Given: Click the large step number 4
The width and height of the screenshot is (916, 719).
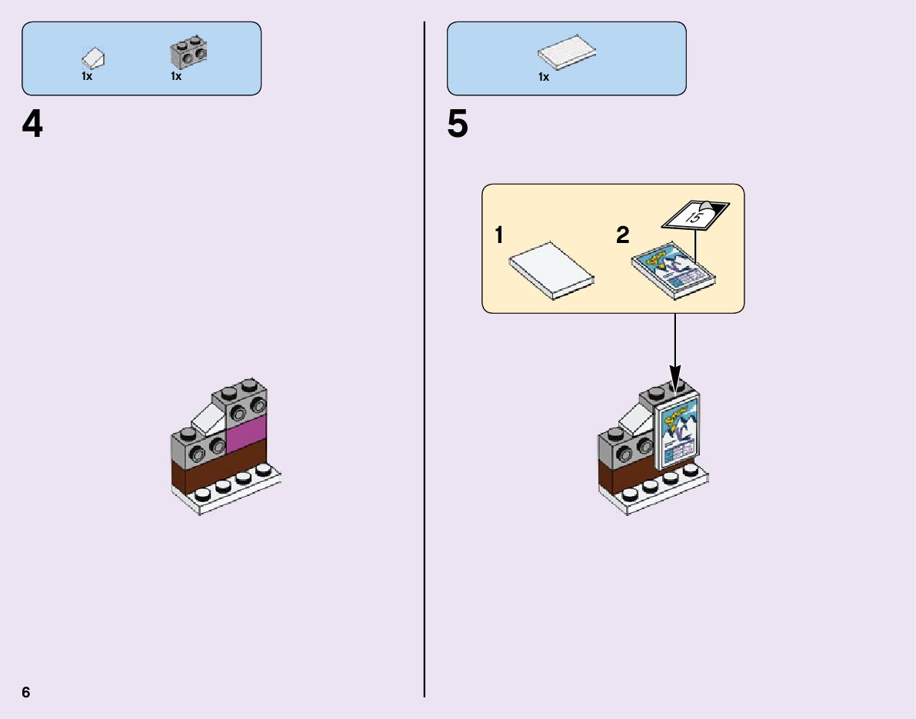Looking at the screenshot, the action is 32,125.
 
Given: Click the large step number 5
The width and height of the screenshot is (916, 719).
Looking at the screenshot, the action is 458,125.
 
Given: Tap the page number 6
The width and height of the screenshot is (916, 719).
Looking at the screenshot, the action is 26,692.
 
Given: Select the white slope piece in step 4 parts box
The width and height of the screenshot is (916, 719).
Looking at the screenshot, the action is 93,58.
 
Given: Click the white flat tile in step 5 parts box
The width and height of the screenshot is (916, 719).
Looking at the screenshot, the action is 568,52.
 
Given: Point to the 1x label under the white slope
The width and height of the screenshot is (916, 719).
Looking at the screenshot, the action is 87,76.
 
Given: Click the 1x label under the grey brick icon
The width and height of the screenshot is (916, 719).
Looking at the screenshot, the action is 176,76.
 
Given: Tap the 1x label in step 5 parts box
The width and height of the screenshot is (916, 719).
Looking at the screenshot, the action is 544,77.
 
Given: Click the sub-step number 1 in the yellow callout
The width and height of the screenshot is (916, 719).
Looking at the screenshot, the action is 499,235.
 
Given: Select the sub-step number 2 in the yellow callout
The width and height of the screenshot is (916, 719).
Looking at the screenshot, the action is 622,235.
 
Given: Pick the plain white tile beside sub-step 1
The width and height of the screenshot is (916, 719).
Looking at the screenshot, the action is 552,271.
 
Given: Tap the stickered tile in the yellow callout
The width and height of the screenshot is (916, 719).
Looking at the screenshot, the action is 674,271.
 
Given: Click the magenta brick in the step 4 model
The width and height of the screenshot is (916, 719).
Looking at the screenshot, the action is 246,434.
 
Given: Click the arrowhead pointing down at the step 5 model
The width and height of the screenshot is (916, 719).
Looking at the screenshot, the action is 675,382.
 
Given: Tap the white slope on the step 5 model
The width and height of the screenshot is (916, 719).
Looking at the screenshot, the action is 635,418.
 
